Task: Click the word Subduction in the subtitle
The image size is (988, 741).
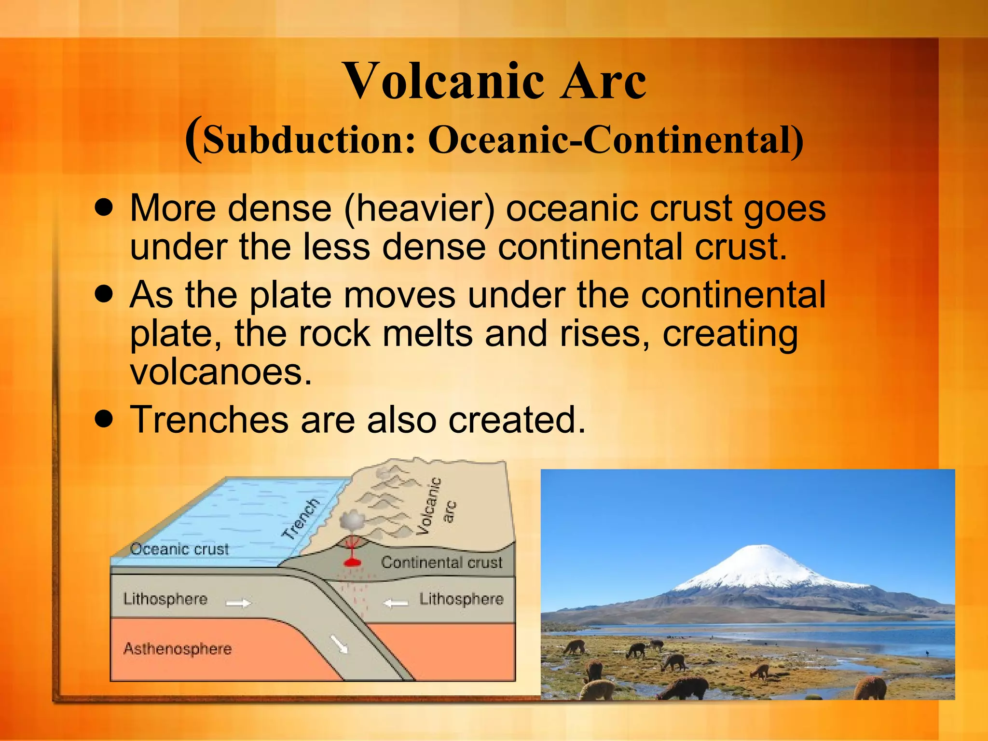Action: point(309,140)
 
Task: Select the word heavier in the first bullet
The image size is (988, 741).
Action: point(419,208)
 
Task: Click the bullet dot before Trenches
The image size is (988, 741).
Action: point(104,419)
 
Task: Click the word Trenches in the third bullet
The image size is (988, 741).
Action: point(209,419)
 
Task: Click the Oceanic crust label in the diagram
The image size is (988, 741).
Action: point(179,549)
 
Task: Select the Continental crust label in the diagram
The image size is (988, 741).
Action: point(441,562)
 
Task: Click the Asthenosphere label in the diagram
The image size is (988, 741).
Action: point(178,648)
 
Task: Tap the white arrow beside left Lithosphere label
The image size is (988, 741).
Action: point(239,603)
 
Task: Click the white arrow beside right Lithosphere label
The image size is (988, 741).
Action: point(396,603)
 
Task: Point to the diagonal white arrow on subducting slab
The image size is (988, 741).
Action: point(339,644)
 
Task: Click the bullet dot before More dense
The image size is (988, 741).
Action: point(104,208)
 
